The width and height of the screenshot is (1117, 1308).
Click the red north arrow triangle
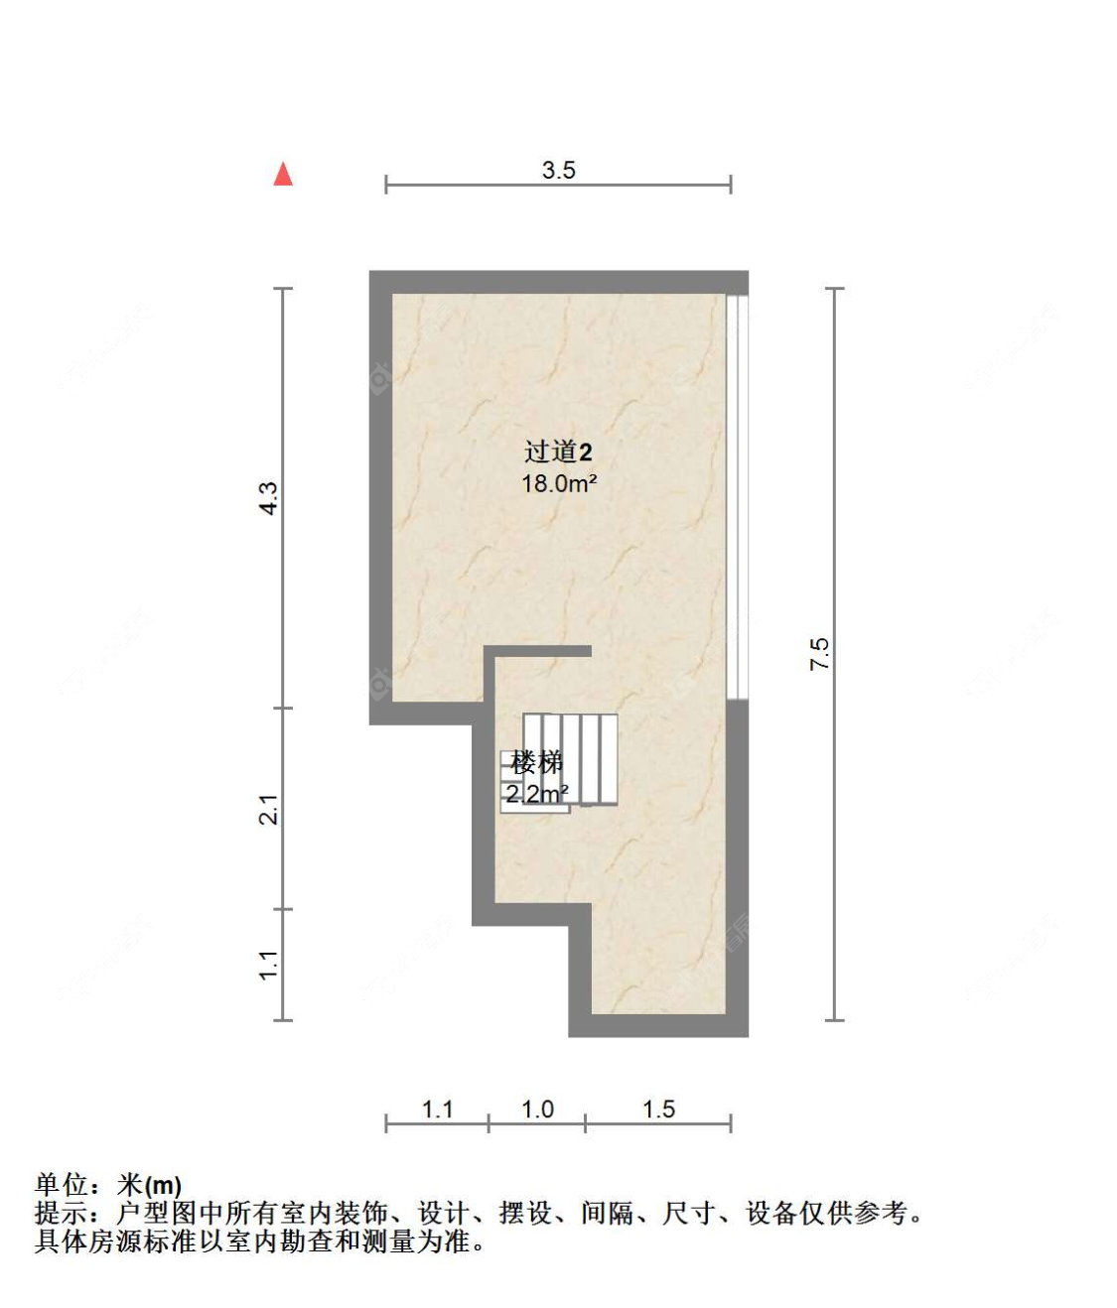pyautogui.click(x=283, y=175)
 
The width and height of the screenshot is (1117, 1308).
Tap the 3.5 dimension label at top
pyautogui.click(x=558, y=170)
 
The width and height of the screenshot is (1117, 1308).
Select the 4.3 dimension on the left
pyautogui.click(x=268, y=497)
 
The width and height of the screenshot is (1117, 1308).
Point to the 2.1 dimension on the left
pyautogui.click(x=268, y=809)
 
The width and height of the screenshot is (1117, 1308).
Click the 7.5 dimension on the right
pyautogui.click(x=819, y=654)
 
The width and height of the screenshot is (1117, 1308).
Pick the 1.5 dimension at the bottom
pyautogui.click(x=658, y=1109)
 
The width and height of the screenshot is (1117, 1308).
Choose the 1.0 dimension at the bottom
pyautogui.click(x=537, y=1109)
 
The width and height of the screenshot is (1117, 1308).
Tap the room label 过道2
pyautogui.click(x=558, y=453)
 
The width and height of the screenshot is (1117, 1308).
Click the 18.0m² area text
pyautogui.click(x=558, y=484)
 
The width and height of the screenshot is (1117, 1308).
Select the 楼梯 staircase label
pyautogui.click(x=536, y=762)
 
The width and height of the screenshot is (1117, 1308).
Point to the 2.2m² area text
pyautogui.click(x=536, y=793)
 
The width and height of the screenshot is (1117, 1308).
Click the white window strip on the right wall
pyautogui.click(x=737, y=496)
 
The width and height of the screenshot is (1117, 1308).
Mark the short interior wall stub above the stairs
pyautogui.click(x=541, y=651)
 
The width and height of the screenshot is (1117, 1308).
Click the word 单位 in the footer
pyautogui.click(x=62, y=1185)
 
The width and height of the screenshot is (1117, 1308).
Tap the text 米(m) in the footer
pyautogui.click(x=150, y=1185)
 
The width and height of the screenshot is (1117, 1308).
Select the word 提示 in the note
pyautogui.click(x=62, y=1213)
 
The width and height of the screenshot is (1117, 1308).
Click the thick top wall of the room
pyautogui.click(x=558, y=281)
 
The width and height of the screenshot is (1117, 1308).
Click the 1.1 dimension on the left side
pyautogui.click(x=268, y=965)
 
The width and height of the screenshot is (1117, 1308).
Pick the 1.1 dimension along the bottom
pyautogui.click(x=437, y=1109)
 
